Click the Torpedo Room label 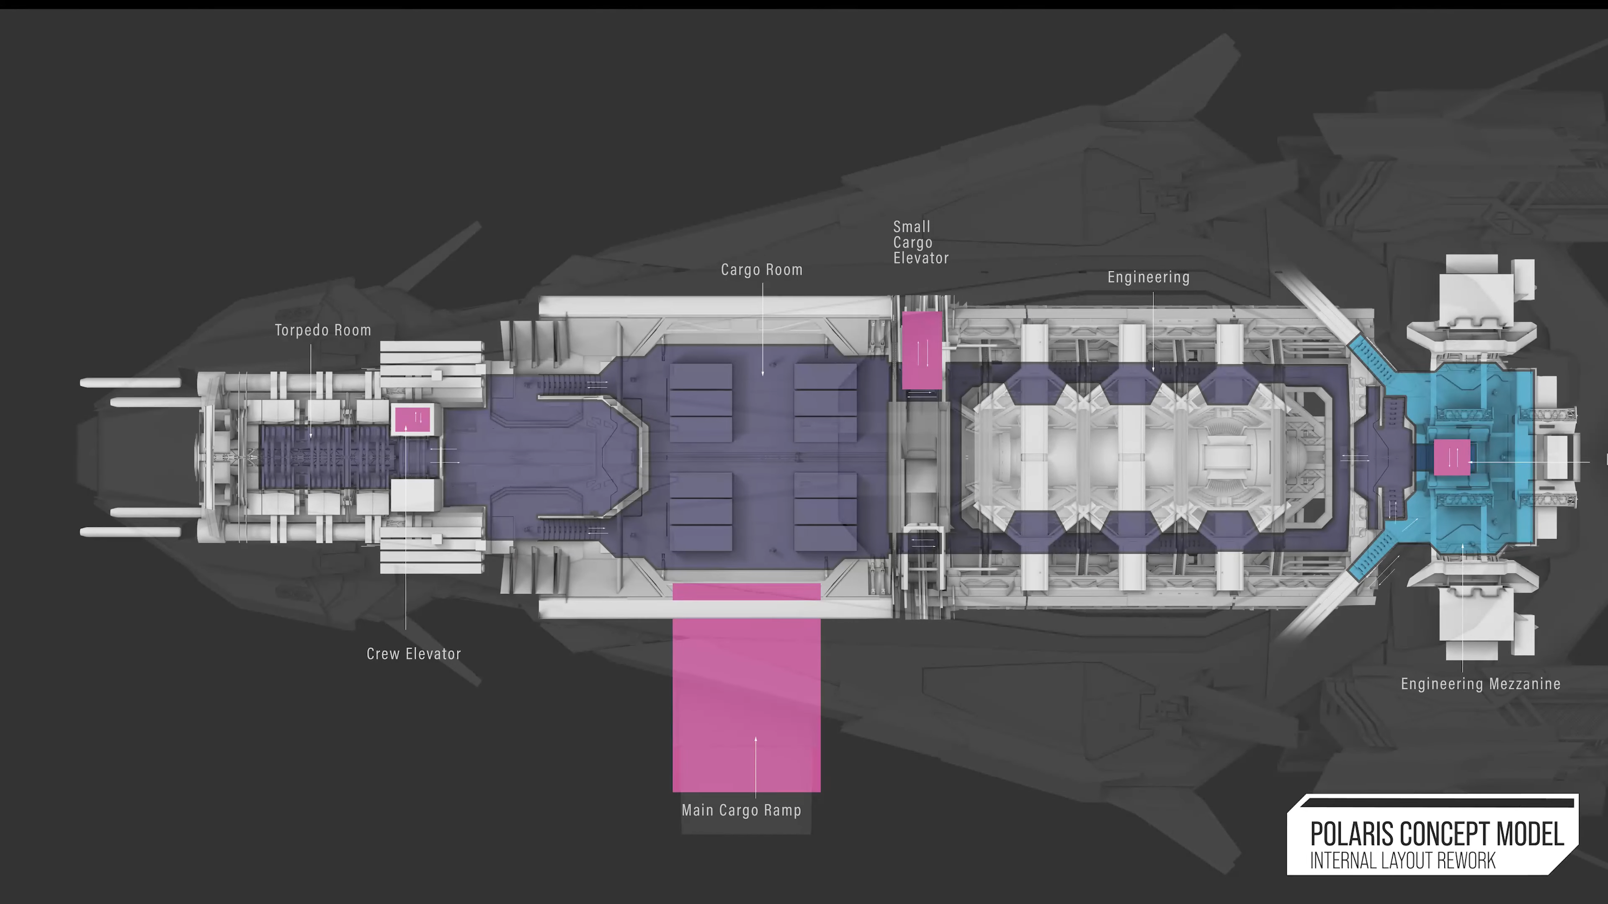(323, 330)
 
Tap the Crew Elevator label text (413, 654)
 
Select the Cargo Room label (762, 270)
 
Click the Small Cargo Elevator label (920, 242)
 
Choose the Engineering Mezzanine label (1480, 684)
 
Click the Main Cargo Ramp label (741, 810)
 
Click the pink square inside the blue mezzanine (1451, 457)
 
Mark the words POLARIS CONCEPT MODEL (1436, 834)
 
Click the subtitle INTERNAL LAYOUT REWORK (1402, 861)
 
